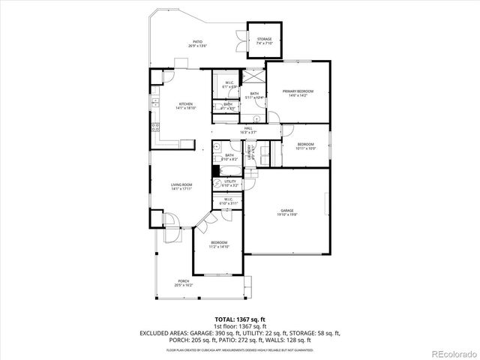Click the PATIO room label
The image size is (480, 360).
198,42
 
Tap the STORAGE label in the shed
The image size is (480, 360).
264,38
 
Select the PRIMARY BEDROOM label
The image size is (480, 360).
298,91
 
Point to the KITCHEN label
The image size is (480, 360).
185,103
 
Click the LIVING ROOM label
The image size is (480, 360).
181,184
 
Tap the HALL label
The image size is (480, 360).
248,127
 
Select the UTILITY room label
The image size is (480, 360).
230,181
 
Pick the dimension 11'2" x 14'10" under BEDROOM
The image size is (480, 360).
219,246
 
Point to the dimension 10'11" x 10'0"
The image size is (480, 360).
305,148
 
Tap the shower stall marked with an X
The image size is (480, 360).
256,77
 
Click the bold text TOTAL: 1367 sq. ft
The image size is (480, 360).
239,319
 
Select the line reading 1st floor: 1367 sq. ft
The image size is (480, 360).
239,326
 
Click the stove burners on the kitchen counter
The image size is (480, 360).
154,125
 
